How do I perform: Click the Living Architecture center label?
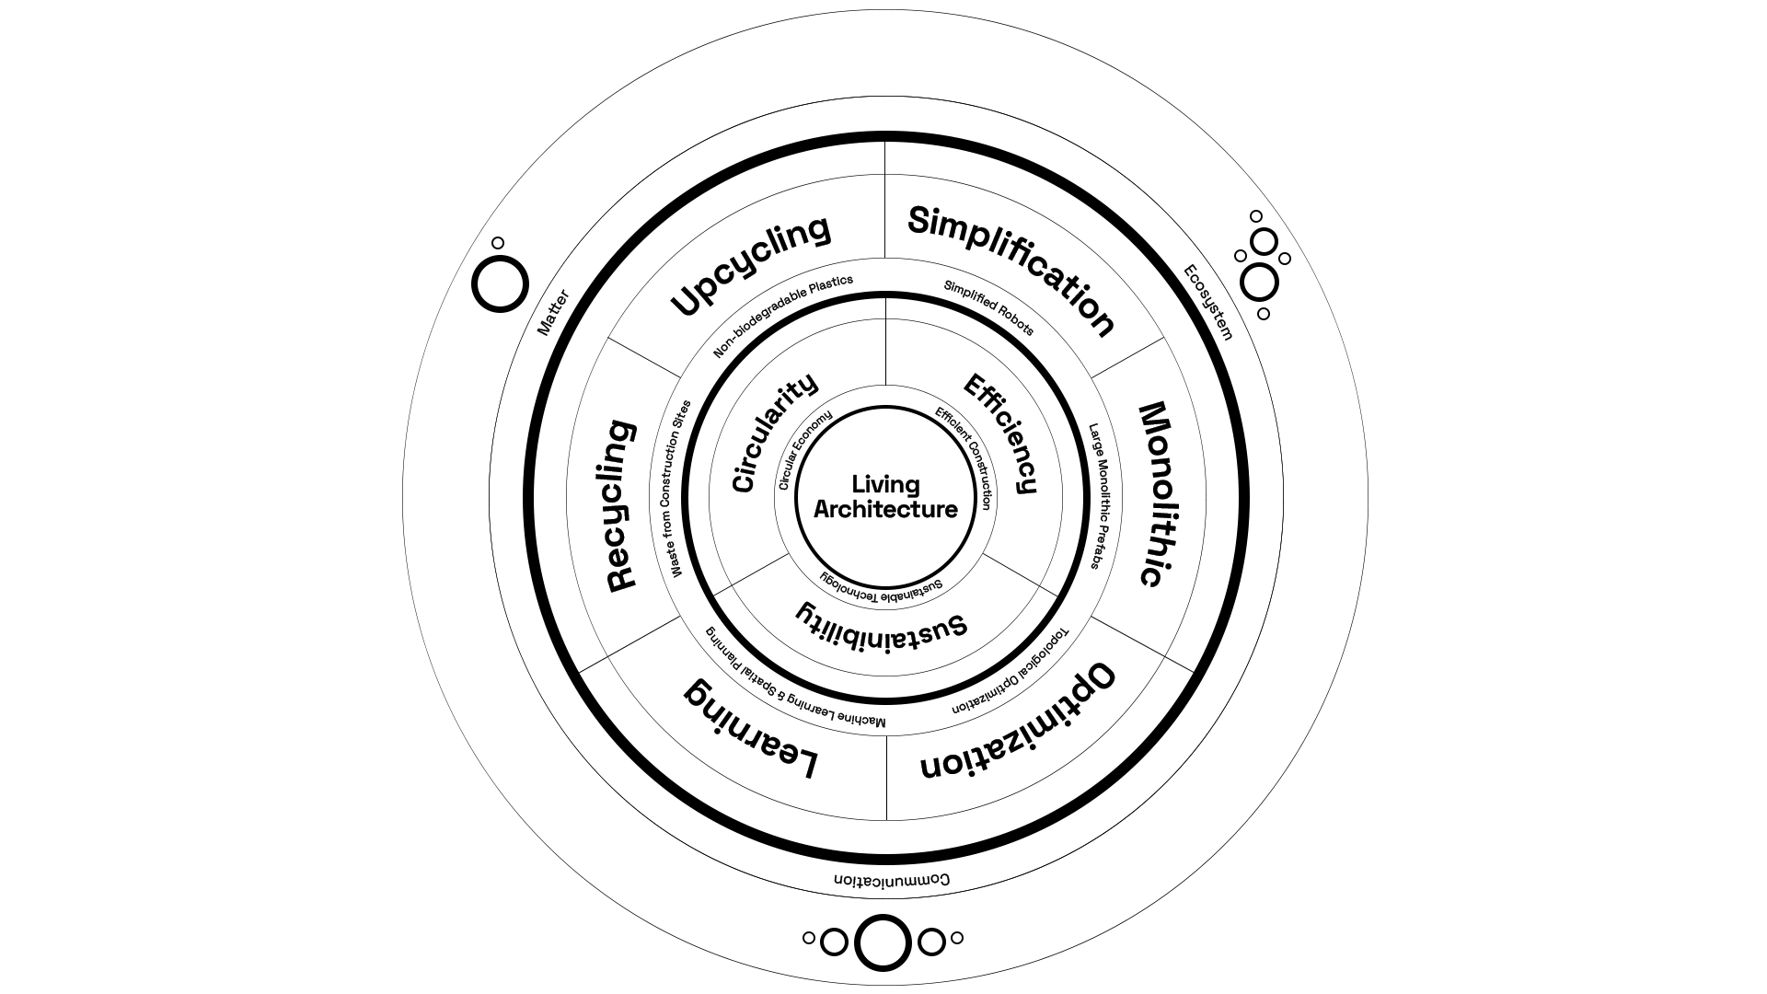[885, 497]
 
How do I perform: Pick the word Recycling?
[621, 505]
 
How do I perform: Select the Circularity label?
[773, 433]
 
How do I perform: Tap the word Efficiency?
[1000, 433]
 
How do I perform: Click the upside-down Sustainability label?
[882, 622]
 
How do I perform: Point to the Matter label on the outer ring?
[553, 313]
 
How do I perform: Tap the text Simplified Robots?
[989, 307]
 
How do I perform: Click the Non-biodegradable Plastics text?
[783, 316]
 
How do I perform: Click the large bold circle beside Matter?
[501, 283]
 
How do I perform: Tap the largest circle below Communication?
[883, 942]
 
